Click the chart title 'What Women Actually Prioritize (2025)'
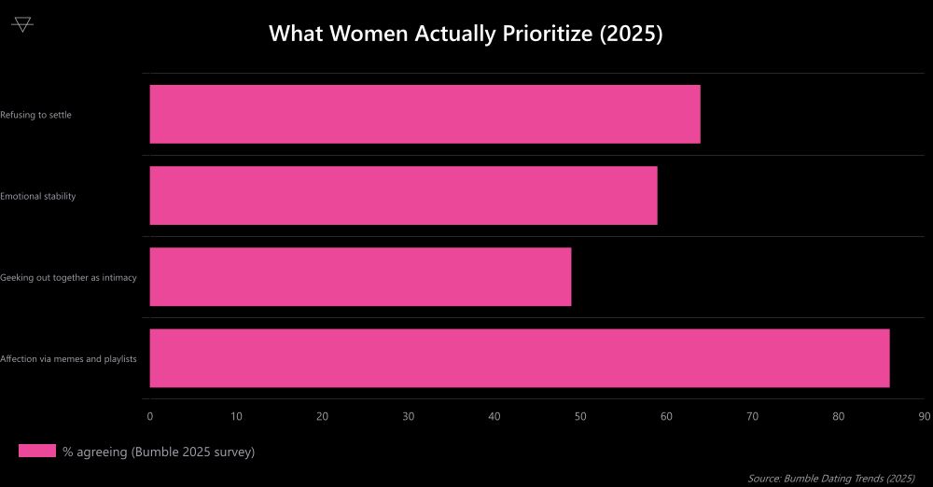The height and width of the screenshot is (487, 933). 466,34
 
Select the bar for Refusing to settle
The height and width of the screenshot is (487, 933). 425,115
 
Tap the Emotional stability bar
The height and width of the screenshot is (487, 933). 403,196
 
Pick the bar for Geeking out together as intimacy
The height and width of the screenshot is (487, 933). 360,277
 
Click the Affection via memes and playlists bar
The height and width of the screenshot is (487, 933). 519,358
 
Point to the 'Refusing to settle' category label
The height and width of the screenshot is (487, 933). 36,115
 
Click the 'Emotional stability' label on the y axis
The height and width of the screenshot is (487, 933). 38,196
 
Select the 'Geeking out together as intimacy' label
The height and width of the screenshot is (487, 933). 68,277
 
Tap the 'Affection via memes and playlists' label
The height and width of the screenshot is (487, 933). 68,358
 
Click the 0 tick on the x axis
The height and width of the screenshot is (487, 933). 149,416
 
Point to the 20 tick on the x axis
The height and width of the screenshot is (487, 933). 322,416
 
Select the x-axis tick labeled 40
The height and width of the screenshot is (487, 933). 494,416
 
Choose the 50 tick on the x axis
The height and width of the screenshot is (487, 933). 580,416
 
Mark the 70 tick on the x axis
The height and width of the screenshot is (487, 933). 752,416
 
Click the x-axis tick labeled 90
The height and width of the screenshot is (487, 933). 924,416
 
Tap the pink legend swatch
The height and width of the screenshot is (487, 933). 37,452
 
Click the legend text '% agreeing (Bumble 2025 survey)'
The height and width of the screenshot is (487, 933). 159,452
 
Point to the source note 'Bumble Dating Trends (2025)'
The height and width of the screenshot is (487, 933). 831,478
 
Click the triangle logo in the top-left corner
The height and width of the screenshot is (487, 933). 22,24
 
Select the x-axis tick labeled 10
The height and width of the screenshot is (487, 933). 236,416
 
